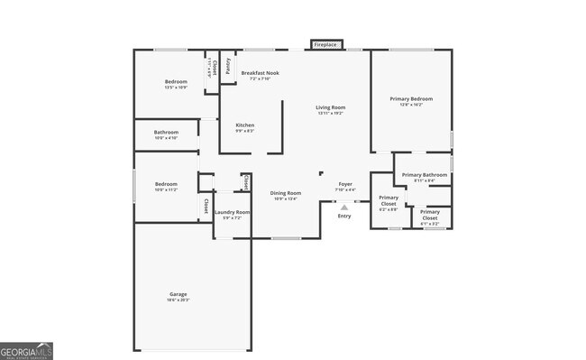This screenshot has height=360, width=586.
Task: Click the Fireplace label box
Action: click(325, 44)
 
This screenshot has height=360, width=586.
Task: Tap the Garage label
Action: click(179, 294)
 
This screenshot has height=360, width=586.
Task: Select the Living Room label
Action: click(331, 107)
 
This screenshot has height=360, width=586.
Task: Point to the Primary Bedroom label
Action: click(411, 98)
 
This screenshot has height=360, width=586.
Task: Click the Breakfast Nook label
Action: click(260, 72)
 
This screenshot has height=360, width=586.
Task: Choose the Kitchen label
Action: click(244, 125)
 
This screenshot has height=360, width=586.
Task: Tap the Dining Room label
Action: click(286, 192)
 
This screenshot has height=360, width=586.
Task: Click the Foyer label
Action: click(345, 183)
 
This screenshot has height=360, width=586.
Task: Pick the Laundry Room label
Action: click(232, 212)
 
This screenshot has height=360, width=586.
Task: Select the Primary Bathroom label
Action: click(425, 174)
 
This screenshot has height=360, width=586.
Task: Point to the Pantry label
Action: click(228, 66)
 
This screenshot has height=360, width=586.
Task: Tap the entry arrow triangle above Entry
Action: click(344, 208)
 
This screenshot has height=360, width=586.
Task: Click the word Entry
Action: click(344, 217)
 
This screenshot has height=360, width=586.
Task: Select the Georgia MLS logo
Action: click(26, 351)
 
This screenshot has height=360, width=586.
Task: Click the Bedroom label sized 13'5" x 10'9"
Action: click(176, 81)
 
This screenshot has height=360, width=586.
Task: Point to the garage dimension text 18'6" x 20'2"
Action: click(179, 300)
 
